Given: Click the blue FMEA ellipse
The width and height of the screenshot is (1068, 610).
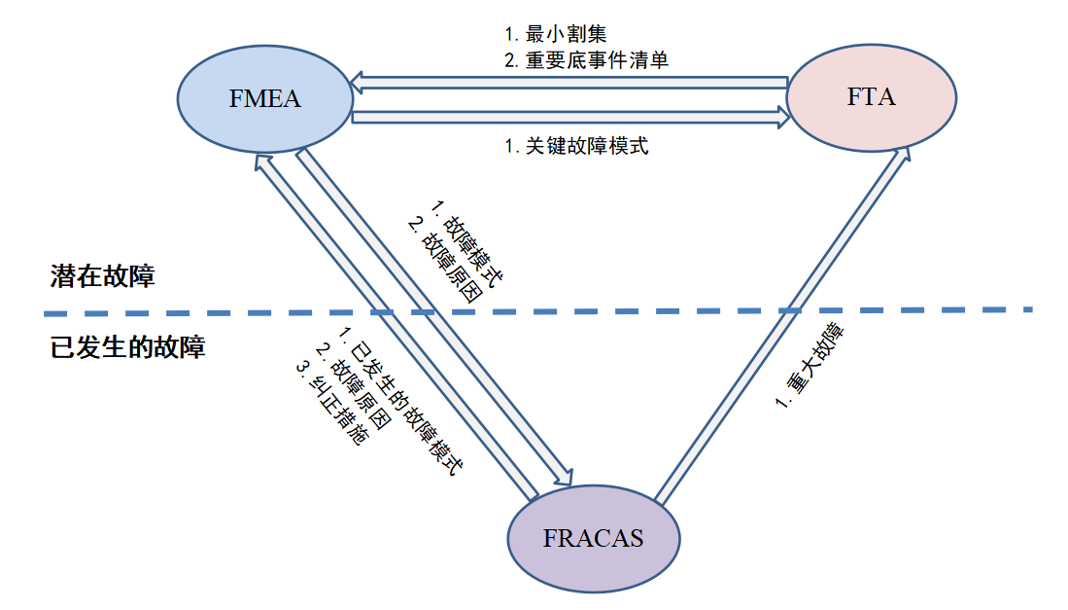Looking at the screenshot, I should click(x=265, y=97).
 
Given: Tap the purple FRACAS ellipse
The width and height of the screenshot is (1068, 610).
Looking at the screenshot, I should click(x=595, y=537).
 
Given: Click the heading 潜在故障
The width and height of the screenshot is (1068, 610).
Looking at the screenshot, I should click(x=103, y=276).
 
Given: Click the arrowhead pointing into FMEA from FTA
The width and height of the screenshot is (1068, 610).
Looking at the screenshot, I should click(x=359, y=85).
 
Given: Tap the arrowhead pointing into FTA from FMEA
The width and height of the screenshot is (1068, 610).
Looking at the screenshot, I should click(x=782, y=118).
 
